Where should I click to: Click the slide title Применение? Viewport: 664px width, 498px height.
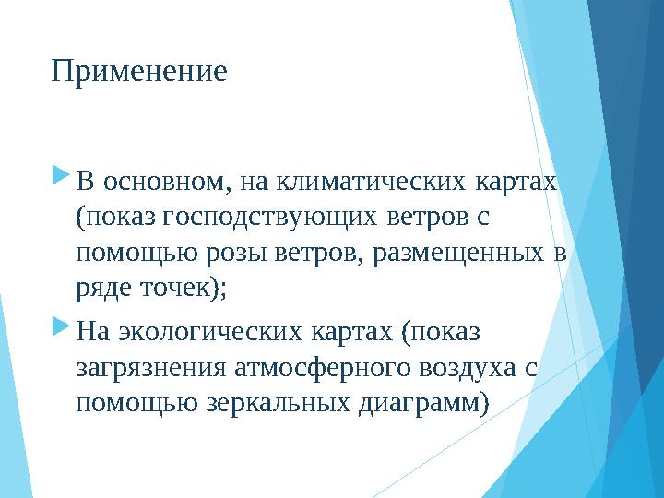138,71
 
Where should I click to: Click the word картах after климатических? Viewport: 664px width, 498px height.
517,180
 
